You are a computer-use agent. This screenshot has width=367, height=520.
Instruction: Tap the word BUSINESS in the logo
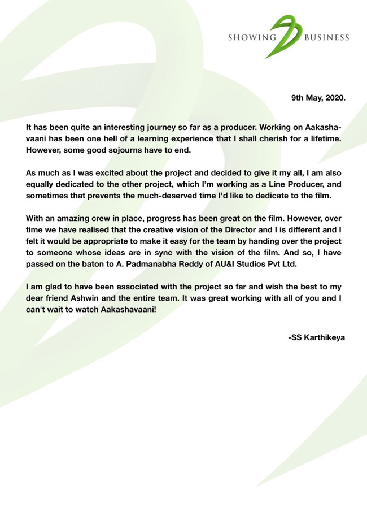pos(327,39)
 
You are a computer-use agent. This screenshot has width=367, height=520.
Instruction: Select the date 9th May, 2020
pos(318,97)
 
